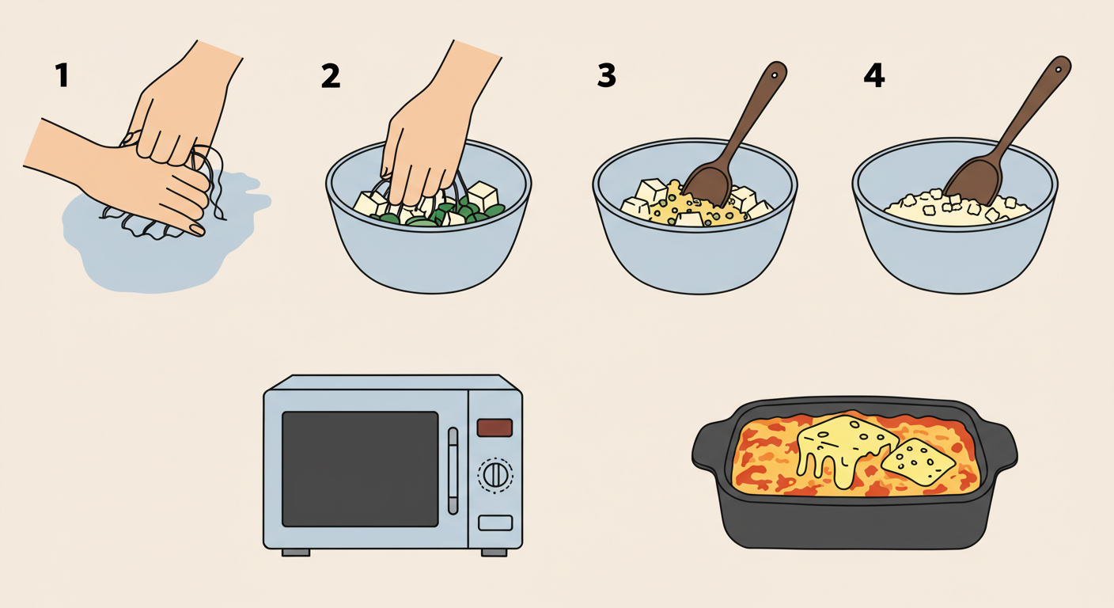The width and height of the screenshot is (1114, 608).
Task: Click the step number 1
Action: [62, 76]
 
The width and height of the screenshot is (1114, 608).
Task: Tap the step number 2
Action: [331, 76]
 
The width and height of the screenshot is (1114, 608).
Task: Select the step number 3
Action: [606, 76]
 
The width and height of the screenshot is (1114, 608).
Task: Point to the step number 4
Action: [873, 76]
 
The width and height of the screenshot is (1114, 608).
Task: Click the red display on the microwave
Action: [494, 427]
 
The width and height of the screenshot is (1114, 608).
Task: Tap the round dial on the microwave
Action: [495, 475]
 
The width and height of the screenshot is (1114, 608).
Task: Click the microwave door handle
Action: [453, 471]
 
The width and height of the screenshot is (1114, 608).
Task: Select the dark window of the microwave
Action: [360, 469]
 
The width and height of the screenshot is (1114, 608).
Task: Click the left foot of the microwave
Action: [295, 553]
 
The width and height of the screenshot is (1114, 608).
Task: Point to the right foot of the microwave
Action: [494, 553]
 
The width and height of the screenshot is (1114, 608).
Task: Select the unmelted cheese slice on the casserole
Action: [918, 462]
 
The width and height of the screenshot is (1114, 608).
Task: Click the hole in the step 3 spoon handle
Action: [775, 76]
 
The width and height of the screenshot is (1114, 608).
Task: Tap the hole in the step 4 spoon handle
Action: [1059, 70]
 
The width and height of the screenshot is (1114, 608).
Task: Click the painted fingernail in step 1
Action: [197, 230]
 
